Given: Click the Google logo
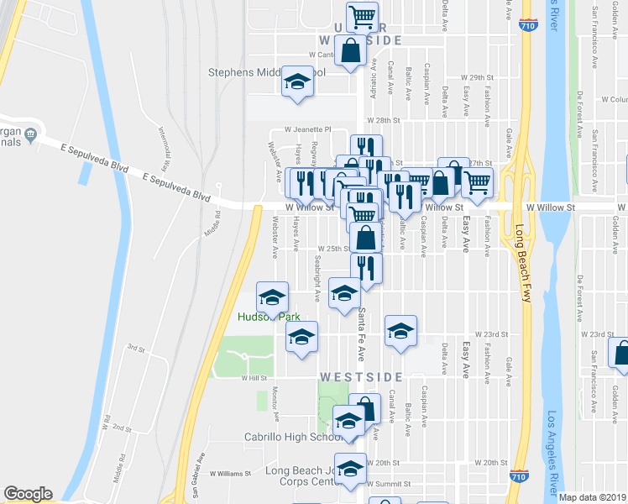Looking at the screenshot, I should click(29, 494).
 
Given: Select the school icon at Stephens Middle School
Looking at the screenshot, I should click(296, 81).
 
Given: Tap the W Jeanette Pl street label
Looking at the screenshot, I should click(308, 130).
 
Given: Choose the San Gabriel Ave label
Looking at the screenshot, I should click(198, 475).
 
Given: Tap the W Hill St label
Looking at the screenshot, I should click(253, 378).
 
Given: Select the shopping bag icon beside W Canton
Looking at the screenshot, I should click(350, 51).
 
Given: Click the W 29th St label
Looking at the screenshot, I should click(483, 77).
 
